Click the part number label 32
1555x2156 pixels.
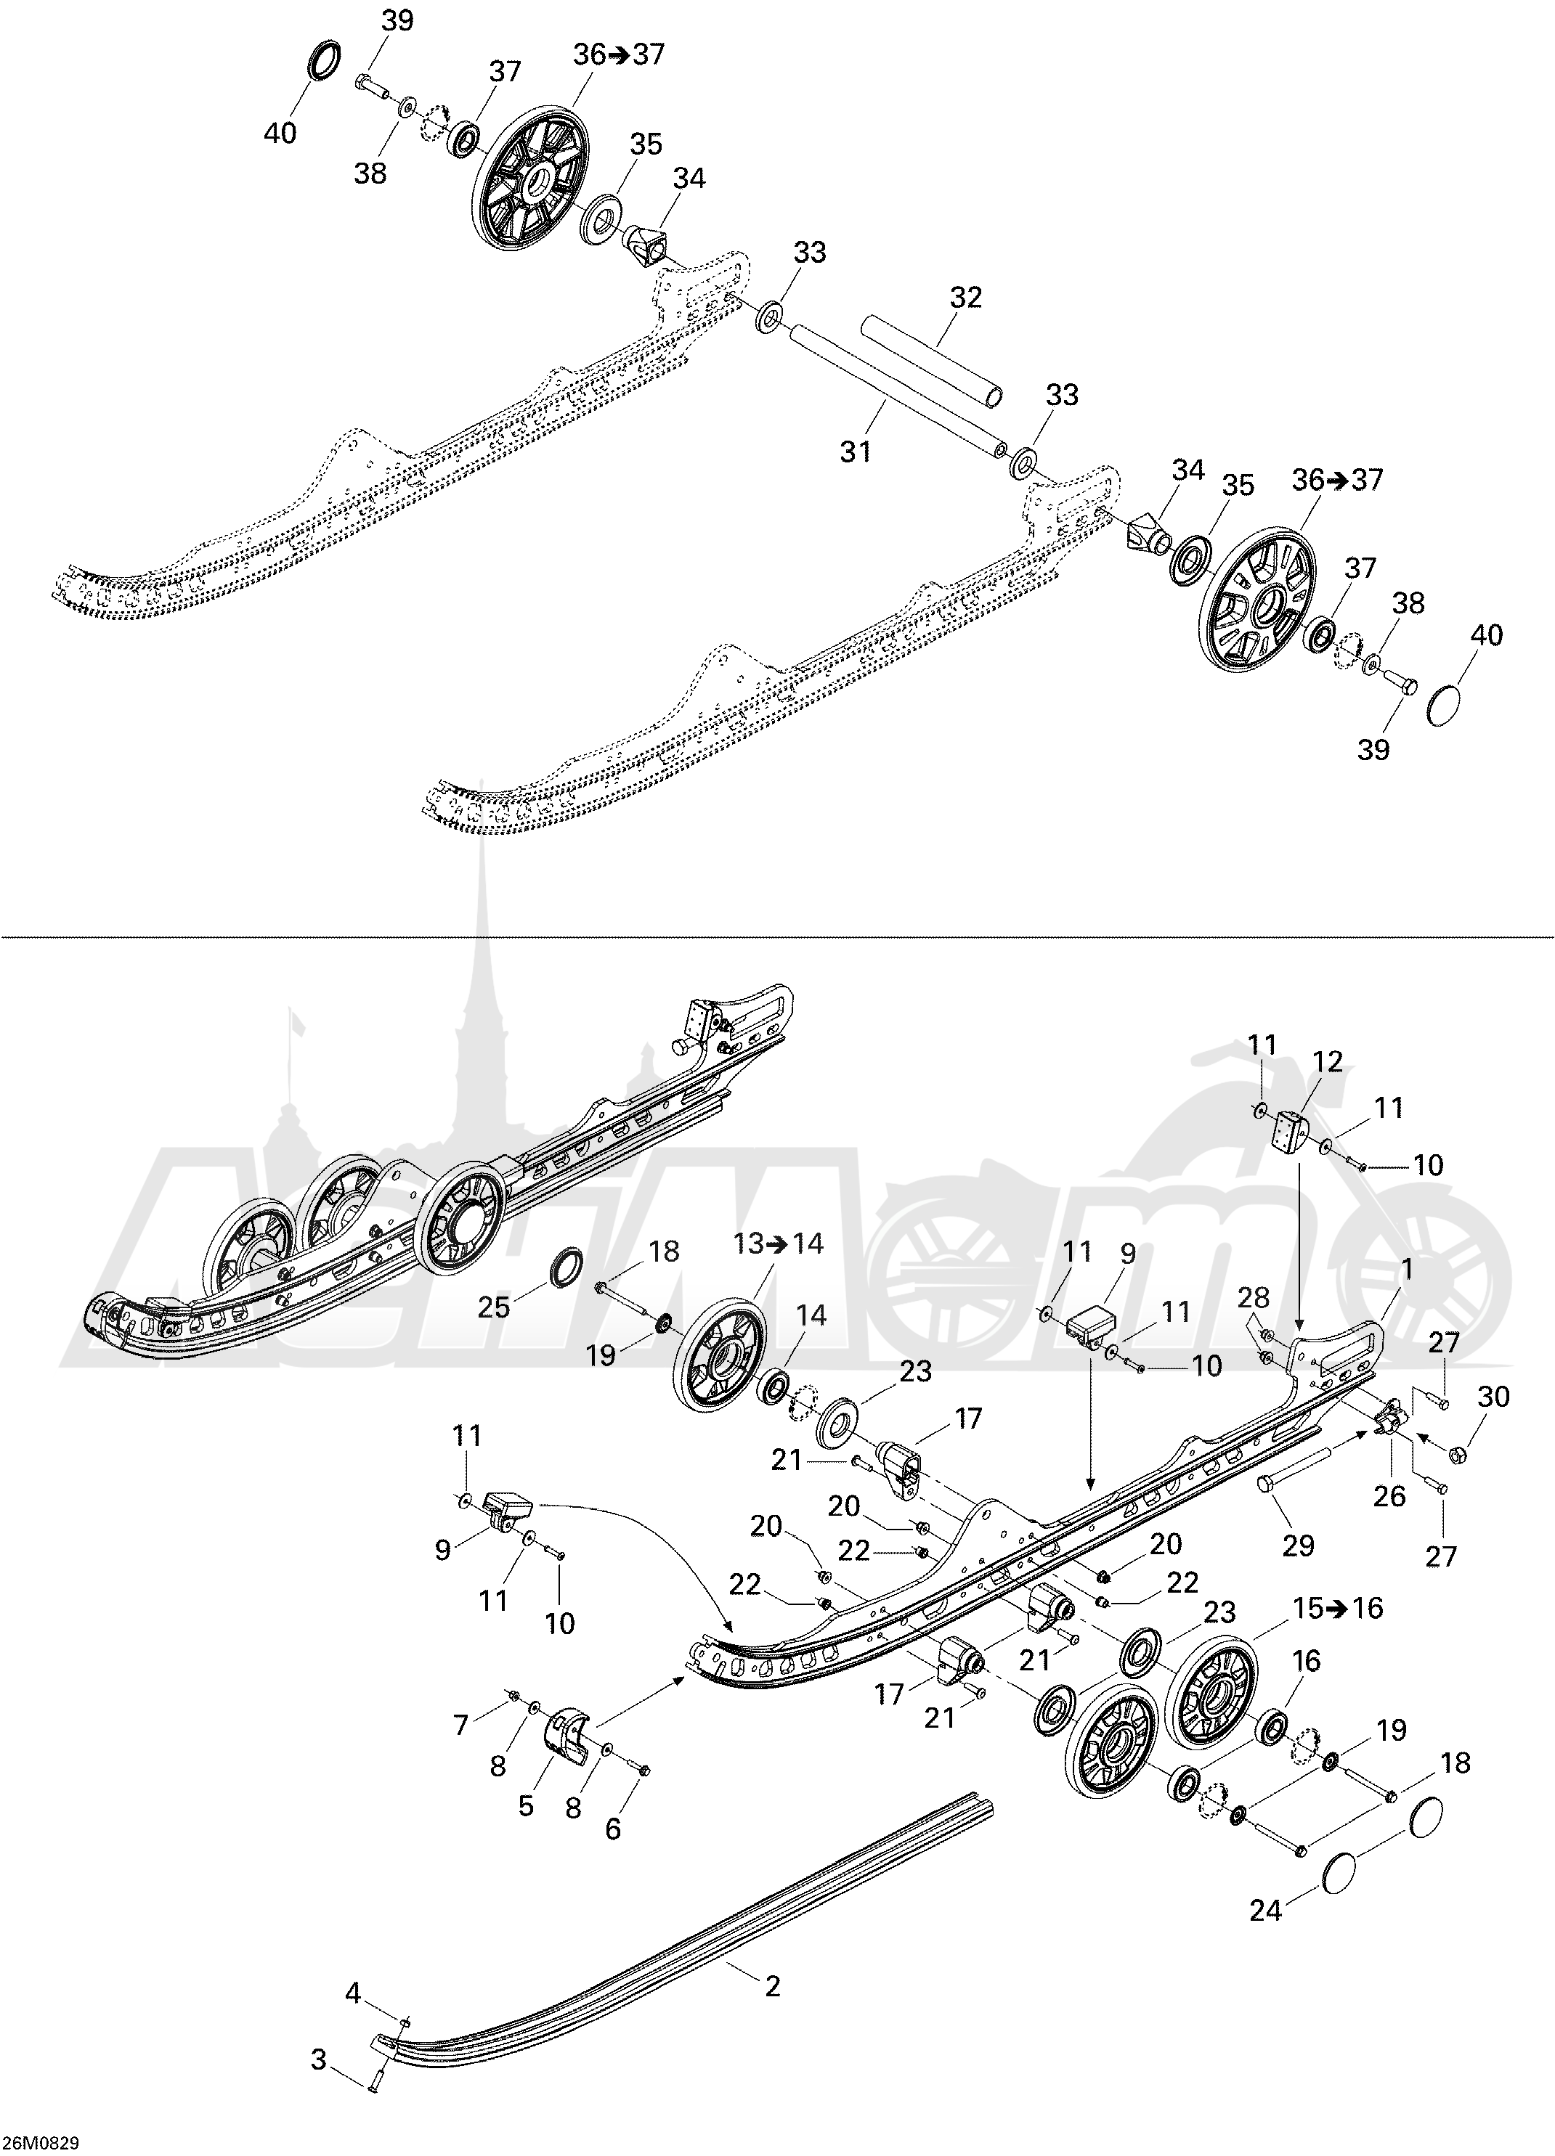click(965, 298)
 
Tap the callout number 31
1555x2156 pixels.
click(856, 452)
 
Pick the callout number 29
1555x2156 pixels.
click(1298, 1545)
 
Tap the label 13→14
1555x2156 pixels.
click(778, 1243)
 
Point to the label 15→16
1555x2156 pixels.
click(1336, 1609)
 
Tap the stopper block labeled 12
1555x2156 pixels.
click(1288, 1133)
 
